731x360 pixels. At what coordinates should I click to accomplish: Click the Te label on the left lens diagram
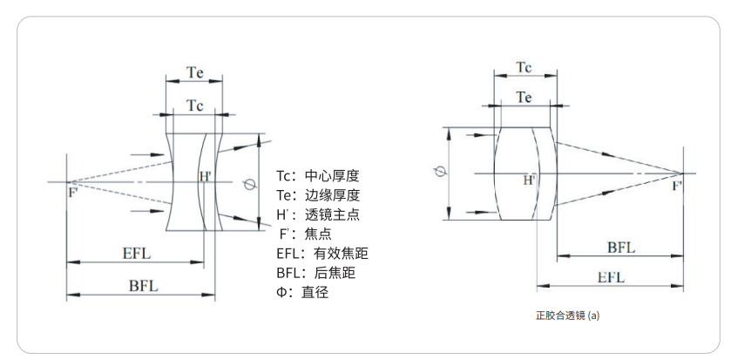[x=195, y=73]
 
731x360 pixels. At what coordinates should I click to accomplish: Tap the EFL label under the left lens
[x=136, y=254]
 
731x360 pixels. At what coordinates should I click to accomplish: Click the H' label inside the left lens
[x=206, y=177]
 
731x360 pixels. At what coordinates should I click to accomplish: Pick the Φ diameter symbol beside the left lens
[x=251, y=184]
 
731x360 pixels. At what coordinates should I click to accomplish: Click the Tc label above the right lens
[x=524, y=67]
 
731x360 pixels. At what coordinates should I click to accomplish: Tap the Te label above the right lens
[x=524, y=97]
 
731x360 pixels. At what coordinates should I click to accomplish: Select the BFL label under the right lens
[x=620, y=247]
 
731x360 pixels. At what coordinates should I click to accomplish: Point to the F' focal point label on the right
[x=678, y=186]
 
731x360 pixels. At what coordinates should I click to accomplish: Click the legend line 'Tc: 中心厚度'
[x=317, y=175]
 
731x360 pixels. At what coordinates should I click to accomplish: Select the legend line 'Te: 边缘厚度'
[x=317, y=194]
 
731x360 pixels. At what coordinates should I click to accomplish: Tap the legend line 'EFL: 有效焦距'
[x=322, y=254]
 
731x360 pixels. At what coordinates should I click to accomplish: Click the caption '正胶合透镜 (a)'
[x=567, y=316]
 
